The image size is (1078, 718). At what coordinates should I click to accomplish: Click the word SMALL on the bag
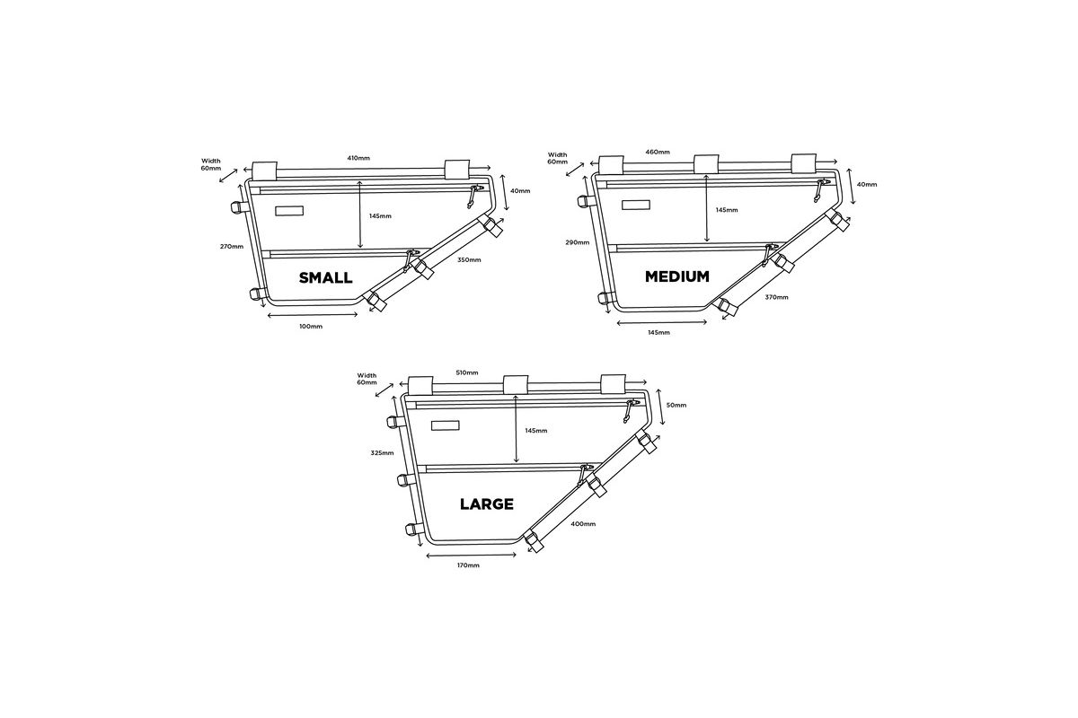coord(326,278)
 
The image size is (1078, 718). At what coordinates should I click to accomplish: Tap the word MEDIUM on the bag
coord(677,276)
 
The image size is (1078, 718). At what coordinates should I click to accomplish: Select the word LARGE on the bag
coord(487,504)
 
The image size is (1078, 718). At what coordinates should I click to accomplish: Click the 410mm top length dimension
coord(358,158)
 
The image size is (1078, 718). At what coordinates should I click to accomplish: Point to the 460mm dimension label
coord(658,152)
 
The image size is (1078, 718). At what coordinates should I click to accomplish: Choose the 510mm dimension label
coord(467,372)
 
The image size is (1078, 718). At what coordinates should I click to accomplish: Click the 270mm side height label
coord(232,247)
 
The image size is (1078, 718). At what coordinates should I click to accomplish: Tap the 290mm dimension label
coord(578,242)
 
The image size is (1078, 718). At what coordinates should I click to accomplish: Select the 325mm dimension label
coord(382,452)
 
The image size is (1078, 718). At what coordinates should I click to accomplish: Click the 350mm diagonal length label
coord(469,260)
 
